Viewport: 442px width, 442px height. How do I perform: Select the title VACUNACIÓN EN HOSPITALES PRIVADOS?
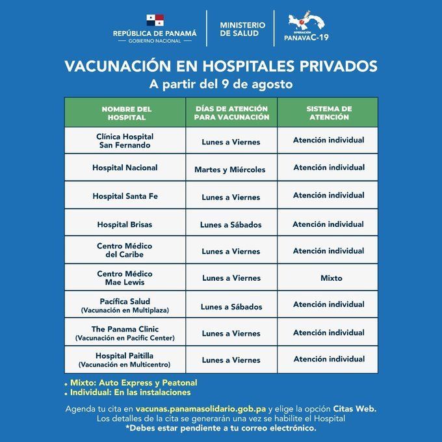pos(220,66)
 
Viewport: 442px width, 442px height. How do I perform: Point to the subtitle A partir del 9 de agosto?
pos(220,84)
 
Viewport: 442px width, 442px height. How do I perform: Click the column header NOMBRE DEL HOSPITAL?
pos(126,113)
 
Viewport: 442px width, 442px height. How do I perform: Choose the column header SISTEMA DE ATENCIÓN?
pos(328,113)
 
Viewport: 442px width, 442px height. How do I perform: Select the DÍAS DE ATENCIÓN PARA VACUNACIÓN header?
pos(231,113)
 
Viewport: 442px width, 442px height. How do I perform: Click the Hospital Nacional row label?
pos(125,168)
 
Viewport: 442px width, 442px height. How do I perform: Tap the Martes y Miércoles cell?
pos(230,170)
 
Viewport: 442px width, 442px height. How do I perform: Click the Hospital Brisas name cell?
pos(125,224)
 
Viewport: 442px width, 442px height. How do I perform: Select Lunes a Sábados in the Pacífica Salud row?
pos(231,307)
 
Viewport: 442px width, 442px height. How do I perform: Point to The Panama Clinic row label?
pos(125,333)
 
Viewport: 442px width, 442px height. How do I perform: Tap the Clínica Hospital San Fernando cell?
pos(125,141)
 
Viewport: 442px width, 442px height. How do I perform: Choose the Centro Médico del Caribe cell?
pos(125,251)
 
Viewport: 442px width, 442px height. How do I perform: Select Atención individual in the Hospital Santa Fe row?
pos(328,196)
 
